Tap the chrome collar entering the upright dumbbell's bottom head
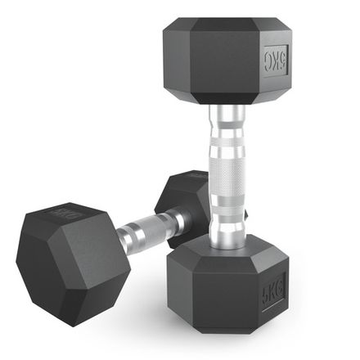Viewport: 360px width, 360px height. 227,233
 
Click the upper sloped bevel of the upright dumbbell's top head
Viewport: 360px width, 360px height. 225,25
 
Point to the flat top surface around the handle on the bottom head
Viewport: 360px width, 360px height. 209,250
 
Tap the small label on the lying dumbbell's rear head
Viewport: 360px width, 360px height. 196,175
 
